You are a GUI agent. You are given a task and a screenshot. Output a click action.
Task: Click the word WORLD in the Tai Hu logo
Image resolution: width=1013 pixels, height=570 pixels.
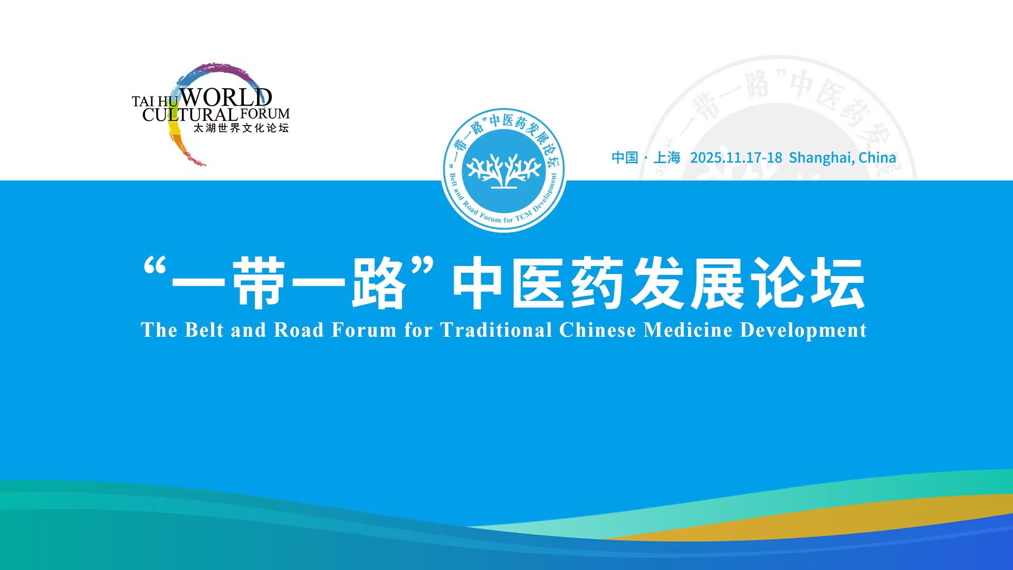click(x=226, y=98)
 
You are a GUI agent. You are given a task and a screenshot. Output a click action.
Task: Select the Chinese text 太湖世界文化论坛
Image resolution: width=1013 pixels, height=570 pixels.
click(x=241, y=128)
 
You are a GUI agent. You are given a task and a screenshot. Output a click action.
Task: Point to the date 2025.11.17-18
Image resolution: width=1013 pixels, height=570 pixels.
click(x=736, y=157)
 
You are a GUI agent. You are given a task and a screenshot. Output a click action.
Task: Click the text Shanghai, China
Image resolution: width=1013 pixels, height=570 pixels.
click(x=842, y=158)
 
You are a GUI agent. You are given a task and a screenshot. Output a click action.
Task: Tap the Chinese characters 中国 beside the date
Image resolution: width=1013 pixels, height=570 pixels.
click(x=625, y=157)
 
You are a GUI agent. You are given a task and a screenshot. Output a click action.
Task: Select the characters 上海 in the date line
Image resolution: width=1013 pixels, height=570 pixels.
click(x=667, y=157)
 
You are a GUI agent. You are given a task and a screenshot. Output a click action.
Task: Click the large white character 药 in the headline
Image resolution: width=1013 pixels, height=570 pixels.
click(x=598, y=283)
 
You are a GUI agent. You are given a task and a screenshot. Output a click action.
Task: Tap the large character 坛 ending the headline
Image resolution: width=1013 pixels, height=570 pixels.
click(x=838, y=283)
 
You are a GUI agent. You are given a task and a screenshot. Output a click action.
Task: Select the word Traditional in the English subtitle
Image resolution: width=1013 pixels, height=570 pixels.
click(x=496, y=330)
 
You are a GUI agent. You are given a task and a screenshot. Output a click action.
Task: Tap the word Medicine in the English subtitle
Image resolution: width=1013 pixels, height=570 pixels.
click(x=688, y=330)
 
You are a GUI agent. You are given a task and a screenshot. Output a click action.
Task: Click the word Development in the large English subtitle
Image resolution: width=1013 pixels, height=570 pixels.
click(x=804, y=331)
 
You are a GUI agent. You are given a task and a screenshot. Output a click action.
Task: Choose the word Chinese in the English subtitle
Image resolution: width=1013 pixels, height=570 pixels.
click(x=598, y=330)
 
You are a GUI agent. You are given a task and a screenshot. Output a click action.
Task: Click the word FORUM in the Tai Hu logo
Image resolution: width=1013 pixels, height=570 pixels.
click(x=265, y=113)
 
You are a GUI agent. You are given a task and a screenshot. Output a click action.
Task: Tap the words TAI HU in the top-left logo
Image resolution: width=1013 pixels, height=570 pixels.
click(x=155, y=101)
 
